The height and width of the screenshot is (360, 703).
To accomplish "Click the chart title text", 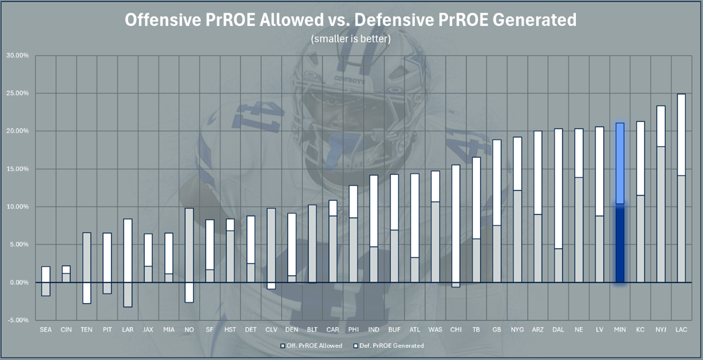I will click(x=351, y=20).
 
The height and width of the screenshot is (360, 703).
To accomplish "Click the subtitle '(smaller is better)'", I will click(x=351, y=39).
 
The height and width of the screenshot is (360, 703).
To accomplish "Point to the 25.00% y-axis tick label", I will click(x=17, y=93).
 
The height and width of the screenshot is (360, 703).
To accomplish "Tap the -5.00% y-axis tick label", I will click(x=17, y=320).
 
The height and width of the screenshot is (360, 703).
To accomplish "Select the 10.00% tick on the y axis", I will click(x=17, y=207).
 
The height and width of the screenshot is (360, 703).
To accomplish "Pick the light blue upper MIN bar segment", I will click(x=620, y=163).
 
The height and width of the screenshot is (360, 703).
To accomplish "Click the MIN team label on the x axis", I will click(x=620, y=330).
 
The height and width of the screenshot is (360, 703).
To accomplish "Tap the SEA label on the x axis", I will click(x=46, y=330).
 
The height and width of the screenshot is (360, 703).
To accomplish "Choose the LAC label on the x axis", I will click(x=681, y=330).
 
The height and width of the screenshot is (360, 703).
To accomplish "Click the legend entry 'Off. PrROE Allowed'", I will click(x=311, y=345).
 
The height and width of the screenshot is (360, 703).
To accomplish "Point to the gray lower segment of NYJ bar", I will click(x=661, y=214).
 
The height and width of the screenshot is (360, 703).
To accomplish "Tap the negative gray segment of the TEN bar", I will click(x=87, y=292).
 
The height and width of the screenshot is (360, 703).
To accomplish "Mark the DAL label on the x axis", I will click(x=558, y=330).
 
